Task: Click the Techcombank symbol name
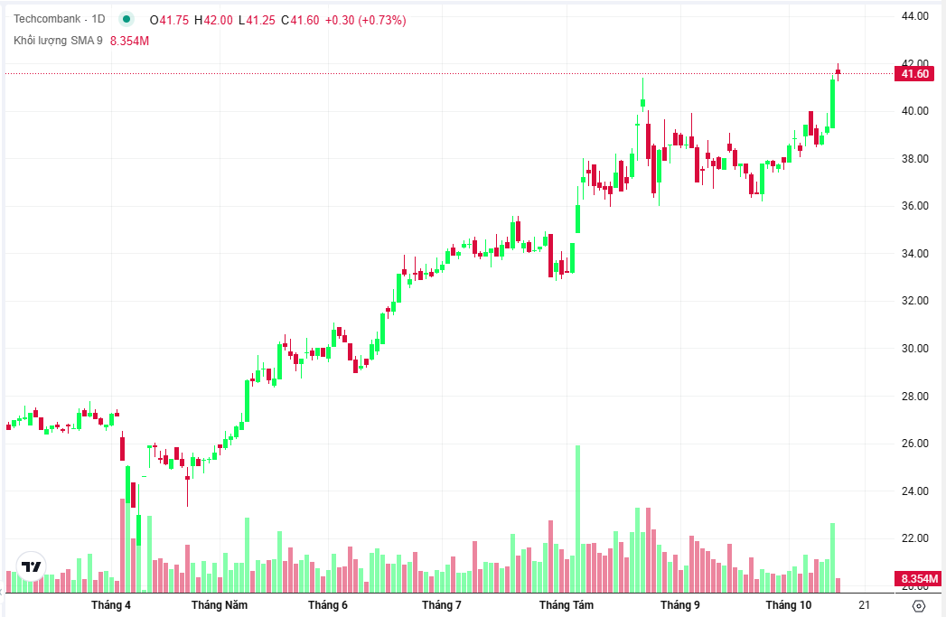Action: [47, 20]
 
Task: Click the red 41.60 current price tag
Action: [915, 74]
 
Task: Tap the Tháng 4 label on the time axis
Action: [111, 605]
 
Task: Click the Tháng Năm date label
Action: [219, 605]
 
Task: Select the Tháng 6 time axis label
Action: [327, 605]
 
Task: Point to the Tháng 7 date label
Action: [442, 605]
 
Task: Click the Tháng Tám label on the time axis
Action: [566, 605]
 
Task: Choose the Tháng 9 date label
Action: [679, 605]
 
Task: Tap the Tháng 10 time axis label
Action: [789, 605]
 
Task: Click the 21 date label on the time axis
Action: [865, 605]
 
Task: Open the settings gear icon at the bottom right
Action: [919, 606]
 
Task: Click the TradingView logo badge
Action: [33, 566]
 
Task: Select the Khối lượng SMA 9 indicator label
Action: [58, 41]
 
